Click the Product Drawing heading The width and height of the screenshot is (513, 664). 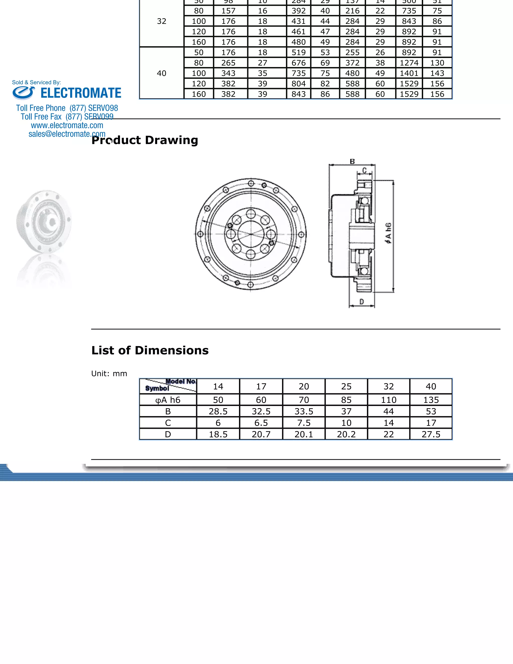pyautogui.click(x=145, y=140)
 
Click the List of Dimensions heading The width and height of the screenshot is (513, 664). pyautogui.click(x=150, y=351)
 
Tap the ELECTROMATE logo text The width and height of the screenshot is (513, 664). pyautogui.click(x=81, y=93)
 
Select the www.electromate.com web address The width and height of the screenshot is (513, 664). pyautogui.click(x=67, y=125)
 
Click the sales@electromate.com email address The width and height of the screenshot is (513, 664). pyautogui.click(x=67, y=134)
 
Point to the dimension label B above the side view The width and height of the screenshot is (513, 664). pyautogui.click(x=352, y=161)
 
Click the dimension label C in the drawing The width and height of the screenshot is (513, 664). pyautogui.click(x=365, y=171)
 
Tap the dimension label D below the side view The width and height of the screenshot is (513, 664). pyautogui.click(x=362, y=302)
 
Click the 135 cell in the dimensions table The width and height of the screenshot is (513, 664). pyautogui.click(x=431, y=400)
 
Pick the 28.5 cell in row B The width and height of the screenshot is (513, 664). pyautogui.click(x=218, y=411)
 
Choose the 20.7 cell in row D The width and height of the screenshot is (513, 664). pyautogui.click(x=261, y=434)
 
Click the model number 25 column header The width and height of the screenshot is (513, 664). pyautogui.click(x=346, y=386)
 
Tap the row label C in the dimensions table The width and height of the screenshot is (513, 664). pyautogui.click(x=168, y=423)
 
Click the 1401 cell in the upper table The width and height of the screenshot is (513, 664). pyautogui.click(x=409, y=73)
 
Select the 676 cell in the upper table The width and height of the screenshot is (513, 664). pyautogui.click(x=298, y=63)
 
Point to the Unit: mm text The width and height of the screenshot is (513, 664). pyautogui.click(x=109, y=374)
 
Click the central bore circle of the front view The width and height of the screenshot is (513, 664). pyautogui.click(x=251, y=234)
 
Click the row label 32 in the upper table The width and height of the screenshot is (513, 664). pyautogui.click(x=161, y=21)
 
